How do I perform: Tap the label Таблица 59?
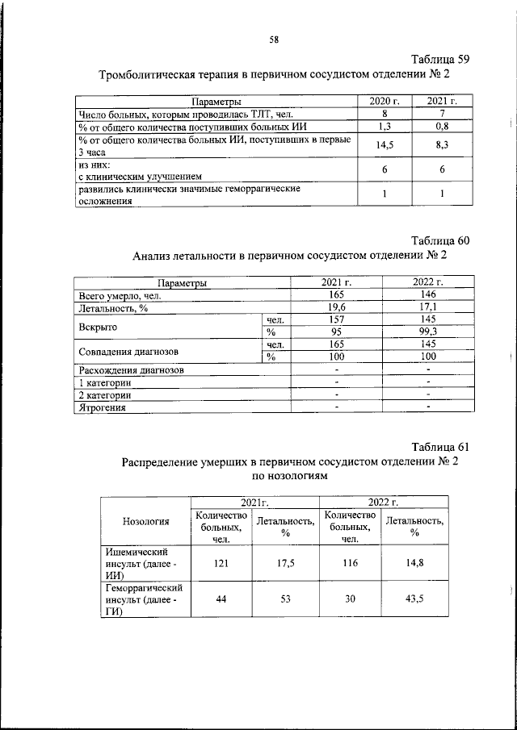(439, 59)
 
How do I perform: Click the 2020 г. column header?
(385, 101)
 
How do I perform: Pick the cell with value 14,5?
(385, 144)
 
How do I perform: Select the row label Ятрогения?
(104, 408)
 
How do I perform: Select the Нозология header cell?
(145, 521)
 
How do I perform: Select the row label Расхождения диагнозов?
(131, 369)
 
